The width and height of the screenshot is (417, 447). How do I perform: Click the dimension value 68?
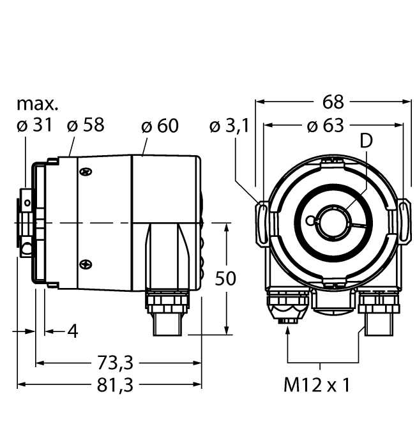click(333, 102)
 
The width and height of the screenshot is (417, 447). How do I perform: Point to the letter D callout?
click(365, 142)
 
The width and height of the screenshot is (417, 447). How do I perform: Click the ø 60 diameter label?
click(160, 126)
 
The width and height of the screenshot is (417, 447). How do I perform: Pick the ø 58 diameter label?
click(86, 126)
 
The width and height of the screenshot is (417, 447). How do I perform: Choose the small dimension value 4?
click(72, 331)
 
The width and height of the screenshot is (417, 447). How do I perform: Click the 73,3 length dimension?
click(116, 363)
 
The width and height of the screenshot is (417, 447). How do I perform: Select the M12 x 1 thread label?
click(317, 385)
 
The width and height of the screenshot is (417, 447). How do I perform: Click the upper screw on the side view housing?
click(86, 171)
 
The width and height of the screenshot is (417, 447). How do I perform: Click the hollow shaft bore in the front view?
click(332, 222)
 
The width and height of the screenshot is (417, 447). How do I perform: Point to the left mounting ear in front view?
click(263, 222)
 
